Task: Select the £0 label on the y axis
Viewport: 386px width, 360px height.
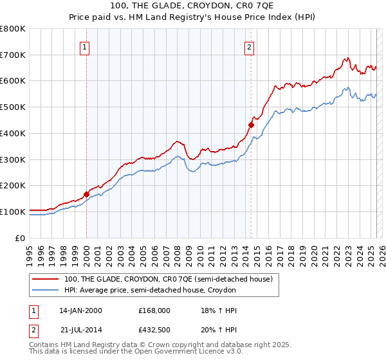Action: point(21,238)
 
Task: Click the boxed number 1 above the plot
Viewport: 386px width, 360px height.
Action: point(86,46)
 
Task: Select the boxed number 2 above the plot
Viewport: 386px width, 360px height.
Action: point(250,46)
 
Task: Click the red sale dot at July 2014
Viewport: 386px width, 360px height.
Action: point(252,125)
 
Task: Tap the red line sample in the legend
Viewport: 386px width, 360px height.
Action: point(46,279)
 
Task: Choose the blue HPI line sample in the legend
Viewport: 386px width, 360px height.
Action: point(46,290)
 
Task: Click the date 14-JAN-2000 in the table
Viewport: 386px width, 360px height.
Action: point(80,310)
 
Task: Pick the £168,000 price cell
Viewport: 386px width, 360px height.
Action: point(154,310)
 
